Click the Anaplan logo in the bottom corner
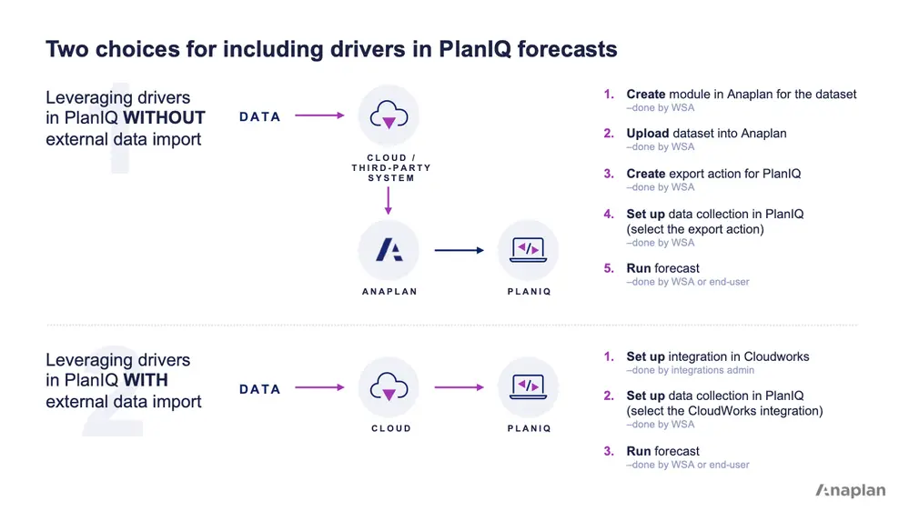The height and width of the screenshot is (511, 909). [x=850, y=490]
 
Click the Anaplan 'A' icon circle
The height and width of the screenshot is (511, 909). [x=389, y=250]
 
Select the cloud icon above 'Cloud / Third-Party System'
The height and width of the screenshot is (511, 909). [x=389, y=115]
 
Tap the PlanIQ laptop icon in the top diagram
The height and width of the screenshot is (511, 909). [x=529, y=250]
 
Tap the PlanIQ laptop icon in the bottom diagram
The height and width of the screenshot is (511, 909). [x=529, y=387]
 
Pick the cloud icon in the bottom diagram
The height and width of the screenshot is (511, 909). [x=389, y=387]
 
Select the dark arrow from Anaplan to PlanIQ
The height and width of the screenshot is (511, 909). [x=459, y=250]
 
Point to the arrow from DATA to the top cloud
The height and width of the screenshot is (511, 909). [x=319, y=115]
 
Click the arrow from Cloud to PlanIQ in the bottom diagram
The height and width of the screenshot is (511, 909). [x=459, y=387]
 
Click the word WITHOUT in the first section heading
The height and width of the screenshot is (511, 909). [x=165, y=117]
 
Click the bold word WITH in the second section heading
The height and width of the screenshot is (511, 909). [x=146, y=379]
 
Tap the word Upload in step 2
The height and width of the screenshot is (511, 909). [x=648, y=134]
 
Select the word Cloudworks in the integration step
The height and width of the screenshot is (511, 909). [x=776, y=356]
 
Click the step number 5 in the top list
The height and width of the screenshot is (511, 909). [x=609, y=269]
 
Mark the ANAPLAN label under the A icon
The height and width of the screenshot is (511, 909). [x=389, y=292]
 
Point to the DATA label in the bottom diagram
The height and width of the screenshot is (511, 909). [x=260, y=389]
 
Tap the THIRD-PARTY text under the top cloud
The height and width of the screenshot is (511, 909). [x=391, y=168]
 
